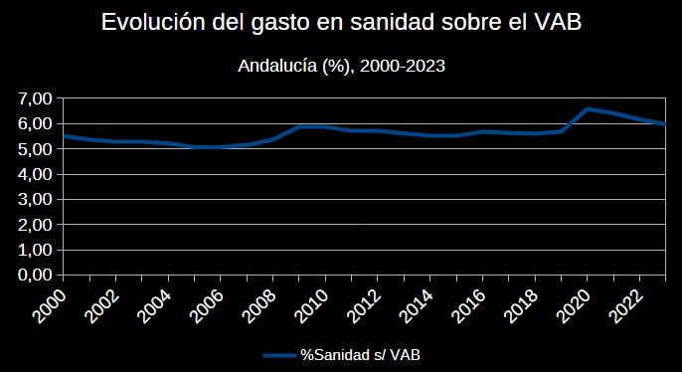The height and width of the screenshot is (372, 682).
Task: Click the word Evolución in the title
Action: click(x=153, y=22)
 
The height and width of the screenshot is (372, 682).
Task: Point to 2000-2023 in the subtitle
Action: click(x=403, y=66)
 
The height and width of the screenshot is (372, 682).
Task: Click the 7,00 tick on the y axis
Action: click(x=35, y=98)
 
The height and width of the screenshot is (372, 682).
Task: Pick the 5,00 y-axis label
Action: click(x=35, y=149)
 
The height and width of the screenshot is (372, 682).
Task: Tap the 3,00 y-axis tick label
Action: click(x=35, y=200)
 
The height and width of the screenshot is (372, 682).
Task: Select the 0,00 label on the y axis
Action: click(x=35, y=276)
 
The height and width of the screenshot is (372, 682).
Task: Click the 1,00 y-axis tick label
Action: click(x=35, y=251)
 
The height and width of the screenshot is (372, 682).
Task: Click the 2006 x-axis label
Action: click(x=208, y=306)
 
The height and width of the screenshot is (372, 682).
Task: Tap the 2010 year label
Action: click(x=312, y=306)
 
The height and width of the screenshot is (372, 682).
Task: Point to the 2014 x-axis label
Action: click(x=417, y=306)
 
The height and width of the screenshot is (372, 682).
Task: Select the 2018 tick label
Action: click(x=522, y=306)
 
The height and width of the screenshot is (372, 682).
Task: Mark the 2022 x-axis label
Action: click(x=626, y=306)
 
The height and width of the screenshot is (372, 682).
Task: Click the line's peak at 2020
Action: click(x=588, y=109)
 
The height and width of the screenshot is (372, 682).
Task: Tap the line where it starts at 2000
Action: click(x=64, y=136)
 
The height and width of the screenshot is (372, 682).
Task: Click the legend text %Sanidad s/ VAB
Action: click(x=361, y=355)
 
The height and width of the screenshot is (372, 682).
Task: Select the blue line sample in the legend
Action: click(x=280, y=355)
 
